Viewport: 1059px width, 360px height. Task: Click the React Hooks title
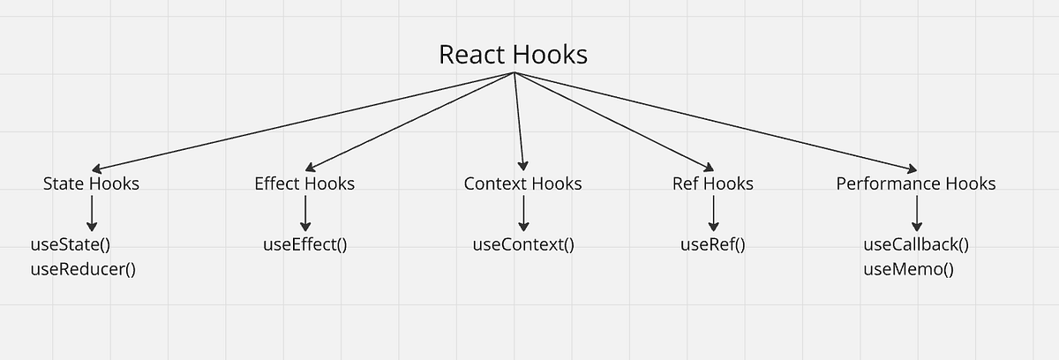[x=513, y=55]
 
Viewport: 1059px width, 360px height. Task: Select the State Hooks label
[x=91, y=184]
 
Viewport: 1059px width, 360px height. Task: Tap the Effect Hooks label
[x=304, y=184]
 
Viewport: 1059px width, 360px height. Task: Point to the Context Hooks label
[x=522, y=184]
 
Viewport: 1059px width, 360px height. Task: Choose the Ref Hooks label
[x=713, y=184]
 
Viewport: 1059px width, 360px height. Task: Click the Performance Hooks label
[x=916, y=184]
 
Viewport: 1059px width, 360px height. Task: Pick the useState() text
[x=75, y=244]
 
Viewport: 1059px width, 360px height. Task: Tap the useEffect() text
[x=305, y=244]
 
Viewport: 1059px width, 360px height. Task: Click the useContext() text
[x=524, y=244]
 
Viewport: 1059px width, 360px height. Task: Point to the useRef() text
[x=713, y=244]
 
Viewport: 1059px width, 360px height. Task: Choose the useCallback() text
[x=916, y=244]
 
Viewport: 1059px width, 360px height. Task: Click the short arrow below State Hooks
[x=92, y=214]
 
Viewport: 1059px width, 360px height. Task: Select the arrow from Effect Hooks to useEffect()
[x=305, y=214]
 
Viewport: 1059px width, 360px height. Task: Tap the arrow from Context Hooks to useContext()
[x=523, y=214]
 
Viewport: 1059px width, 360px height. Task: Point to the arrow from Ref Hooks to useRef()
[x=713, y=214]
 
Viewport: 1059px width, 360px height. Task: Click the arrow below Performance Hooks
[x=917, y=214]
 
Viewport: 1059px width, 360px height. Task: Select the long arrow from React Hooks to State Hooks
[x=300, y=122]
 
